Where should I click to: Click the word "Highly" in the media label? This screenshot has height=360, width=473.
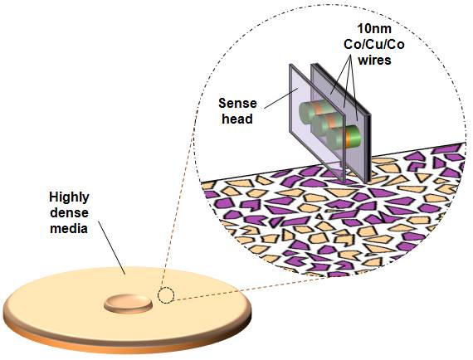(69, 197)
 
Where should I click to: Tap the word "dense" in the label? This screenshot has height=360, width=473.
(69, 212)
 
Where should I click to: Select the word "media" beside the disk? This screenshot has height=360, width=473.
(69, 227)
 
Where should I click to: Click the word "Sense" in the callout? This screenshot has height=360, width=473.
(237, 104)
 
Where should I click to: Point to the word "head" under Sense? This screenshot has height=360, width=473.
(237, 119)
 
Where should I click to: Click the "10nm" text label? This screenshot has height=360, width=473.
(374, 29)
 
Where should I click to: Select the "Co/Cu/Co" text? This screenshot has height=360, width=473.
(374, 45)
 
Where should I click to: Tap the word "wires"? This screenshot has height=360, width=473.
(374, 60)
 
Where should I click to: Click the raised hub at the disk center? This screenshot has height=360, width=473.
(128, 303)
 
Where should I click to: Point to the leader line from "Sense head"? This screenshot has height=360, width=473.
(281, 98)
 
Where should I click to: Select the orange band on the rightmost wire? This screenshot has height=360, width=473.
(349, 137)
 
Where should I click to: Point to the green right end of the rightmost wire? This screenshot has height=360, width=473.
(357, 136)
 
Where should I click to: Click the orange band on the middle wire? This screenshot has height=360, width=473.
(332, 123)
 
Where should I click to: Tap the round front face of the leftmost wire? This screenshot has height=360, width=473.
(305, 113)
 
